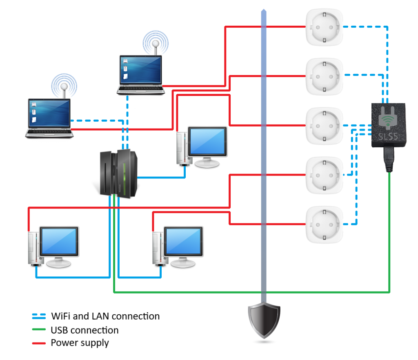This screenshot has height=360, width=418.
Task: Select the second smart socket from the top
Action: coord(325,76)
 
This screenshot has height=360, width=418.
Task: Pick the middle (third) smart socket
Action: coord(325,126)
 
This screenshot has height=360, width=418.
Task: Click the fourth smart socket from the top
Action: coord(325,175)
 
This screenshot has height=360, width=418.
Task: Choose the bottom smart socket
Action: coord(325,224)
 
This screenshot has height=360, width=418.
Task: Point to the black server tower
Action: coord(119,173)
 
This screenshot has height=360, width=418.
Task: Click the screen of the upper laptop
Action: coord(140,70)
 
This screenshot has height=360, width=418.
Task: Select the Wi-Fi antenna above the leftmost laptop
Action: coord(64,86)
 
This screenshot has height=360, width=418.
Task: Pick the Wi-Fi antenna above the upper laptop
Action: coord(156,42)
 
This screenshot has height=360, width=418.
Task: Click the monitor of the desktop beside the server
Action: coord(207,141)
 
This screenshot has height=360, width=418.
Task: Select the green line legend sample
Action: coord(39,329)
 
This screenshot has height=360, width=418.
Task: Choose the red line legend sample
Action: coord(39,343)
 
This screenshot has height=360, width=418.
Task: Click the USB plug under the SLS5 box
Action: coord(389,160)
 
